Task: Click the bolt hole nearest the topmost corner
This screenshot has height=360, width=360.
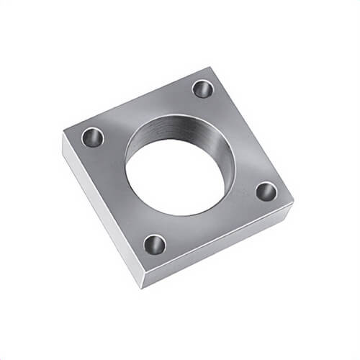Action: click(x=203, y=89)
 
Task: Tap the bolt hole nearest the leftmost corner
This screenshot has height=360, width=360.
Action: click(x=93, y=136)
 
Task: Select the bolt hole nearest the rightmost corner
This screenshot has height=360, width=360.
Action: click(x=266, y=191)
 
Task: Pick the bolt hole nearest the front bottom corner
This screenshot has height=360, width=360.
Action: click(x=154, y=245)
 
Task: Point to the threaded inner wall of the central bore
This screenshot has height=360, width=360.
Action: click(x=184, y=130)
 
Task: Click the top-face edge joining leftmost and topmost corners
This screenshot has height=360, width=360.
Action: click(x=137, y=100)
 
